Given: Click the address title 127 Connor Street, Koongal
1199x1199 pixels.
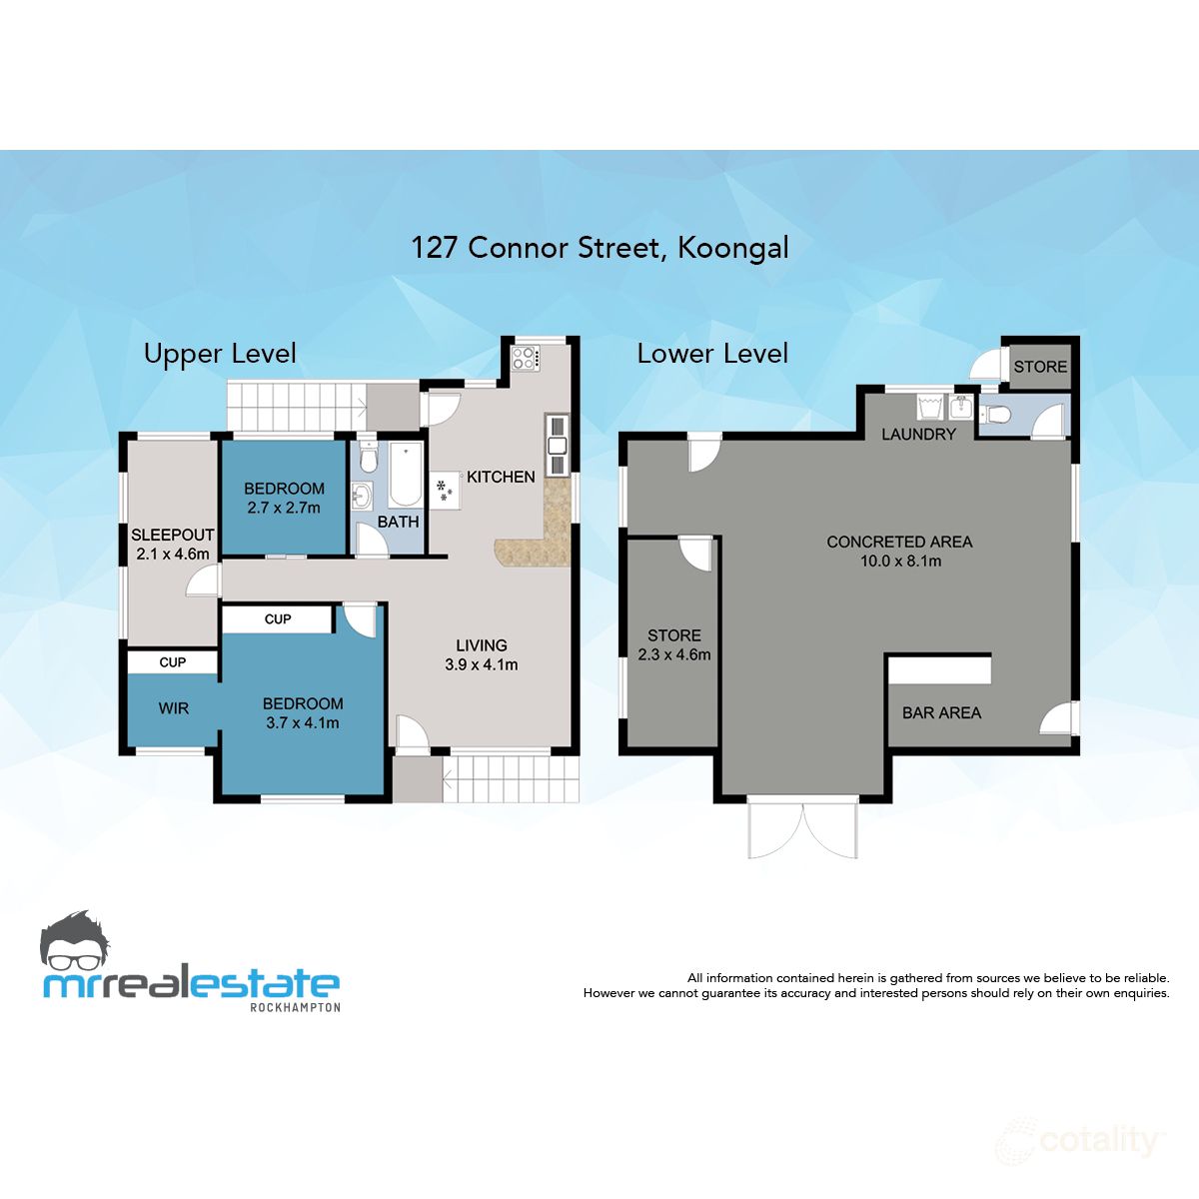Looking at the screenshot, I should (x=599, y=247).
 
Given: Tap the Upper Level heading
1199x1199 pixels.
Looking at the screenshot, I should (x=220, y=354).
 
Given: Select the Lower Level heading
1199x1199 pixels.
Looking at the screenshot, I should (x=712, y=354).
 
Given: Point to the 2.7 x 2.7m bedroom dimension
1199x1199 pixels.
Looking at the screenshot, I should (x=284, y=508).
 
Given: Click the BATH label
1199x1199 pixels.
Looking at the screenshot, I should (x=398, y=522).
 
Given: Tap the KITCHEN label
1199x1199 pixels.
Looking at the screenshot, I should (x=501, y=478).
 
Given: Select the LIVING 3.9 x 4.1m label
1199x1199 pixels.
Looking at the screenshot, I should (x=482, y=654).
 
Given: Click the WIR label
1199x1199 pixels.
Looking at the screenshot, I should (x=173, y=708).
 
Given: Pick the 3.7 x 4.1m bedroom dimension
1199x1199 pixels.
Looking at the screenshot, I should (x=303, y=722).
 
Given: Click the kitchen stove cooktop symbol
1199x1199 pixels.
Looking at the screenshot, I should (x=525, y=358).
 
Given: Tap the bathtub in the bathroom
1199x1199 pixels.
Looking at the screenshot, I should (x=406, y=476).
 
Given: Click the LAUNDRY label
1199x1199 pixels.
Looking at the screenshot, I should (x=918, y=435).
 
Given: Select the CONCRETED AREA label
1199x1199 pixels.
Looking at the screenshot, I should (x=899, y=542).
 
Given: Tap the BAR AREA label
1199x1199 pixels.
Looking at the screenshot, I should (x=941, y=713).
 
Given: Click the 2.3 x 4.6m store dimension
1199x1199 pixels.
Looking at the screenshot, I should (x=674, y=655).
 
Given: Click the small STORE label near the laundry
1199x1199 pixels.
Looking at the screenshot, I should (x=1040, y=367).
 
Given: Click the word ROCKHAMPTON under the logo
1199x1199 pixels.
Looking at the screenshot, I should (x=294, y=1007).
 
